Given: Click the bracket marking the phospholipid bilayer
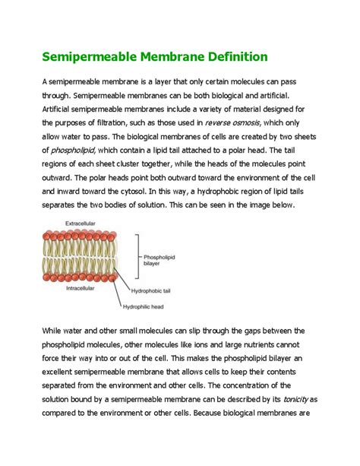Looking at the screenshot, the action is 137,258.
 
